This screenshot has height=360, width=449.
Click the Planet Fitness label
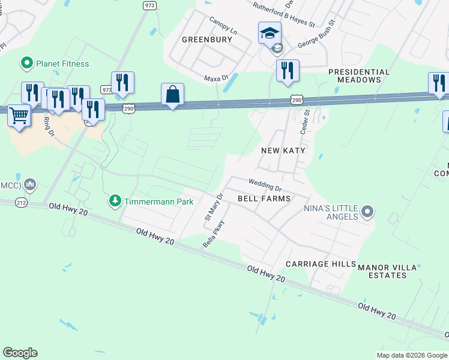(x=62, y=64)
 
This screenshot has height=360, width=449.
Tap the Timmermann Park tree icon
(x=115, y=201)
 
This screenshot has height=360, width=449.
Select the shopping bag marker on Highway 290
(x=172, y=95)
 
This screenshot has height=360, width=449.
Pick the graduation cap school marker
(x=270, y=33)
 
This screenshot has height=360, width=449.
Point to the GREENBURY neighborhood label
(x=206, y=40)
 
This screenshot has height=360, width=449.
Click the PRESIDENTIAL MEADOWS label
(x=358, y=76)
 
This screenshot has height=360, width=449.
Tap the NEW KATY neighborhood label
(x=283, y=151)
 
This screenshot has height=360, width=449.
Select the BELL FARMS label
(x=264, y=199)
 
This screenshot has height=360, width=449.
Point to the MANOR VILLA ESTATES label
(x=391, y=270)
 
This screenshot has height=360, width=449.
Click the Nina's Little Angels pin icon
(x=368, y=212)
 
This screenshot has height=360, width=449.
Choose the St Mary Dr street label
(x=214, y=206)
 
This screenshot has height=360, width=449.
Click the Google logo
(x=20, y=353)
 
